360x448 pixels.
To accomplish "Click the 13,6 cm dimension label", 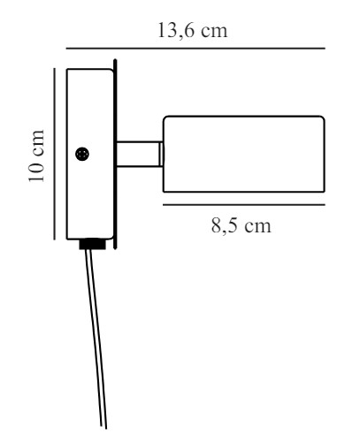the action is [x=193, y=30].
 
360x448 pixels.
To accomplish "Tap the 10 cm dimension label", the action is [x=36, y=156].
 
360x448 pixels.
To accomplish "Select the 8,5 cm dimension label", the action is [x=241, y=226].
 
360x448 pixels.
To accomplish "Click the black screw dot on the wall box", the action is [x=82, y=154].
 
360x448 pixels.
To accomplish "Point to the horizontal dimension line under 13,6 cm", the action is [x=195, y=48].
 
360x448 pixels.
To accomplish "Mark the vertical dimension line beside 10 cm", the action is [x=55, y=154].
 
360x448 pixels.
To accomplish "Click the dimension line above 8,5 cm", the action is [x=244, y=204].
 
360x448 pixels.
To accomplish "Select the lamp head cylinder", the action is [x=244, y=154].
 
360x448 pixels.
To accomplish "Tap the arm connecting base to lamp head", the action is [x=139, y=154].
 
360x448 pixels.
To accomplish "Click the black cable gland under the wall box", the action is [x=92, y=245].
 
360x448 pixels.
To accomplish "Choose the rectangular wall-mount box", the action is [x=90, y=154].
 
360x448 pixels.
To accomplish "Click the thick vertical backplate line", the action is [x=115, y=154].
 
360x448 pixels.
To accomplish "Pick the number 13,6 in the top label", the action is [x=176, y=30].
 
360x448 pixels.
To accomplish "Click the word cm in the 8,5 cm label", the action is [x=258, y=227].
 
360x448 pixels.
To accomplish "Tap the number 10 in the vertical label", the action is [x=36, y=171].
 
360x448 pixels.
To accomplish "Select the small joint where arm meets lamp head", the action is [x=162, y=154].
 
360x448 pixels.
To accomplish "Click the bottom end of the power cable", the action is [x=103, y=428].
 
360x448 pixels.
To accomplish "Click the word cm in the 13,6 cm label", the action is [x=215, y=32].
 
